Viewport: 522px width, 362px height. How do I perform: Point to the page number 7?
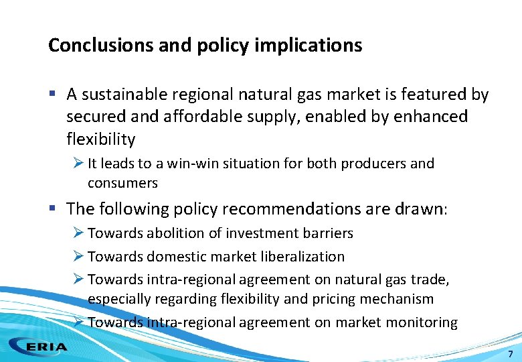(x=511, y=353)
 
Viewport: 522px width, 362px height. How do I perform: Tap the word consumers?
(x=122, y=182)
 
